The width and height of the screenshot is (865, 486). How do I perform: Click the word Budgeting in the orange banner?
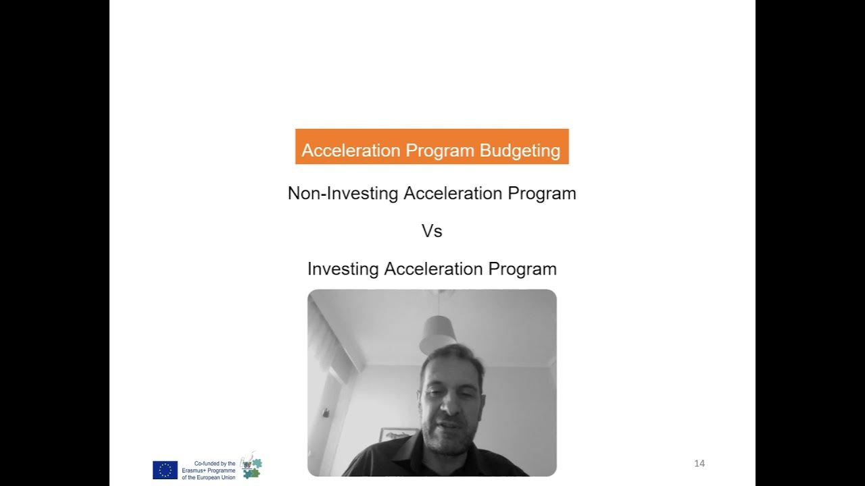tap(520, 151)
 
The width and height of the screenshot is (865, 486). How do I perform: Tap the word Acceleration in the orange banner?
tap(351, 151)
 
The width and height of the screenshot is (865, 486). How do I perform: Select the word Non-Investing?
tap(343, 194)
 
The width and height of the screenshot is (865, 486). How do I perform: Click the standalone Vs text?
tap(432, 231)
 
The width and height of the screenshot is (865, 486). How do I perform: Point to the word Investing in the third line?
tap(343, 269)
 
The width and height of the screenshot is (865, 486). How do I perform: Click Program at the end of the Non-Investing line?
tap(542, 194)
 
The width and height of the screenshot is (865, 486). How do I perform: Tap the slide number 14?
tap(699, 463)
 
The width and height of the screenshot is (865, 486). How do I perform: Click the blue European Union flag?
tap(165, 470)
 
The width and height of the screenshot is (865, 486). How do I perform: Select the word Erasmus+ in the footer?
tap(195, 470)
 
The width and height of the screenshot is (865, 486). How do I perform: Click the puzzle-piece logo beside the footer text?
tap(251, 466)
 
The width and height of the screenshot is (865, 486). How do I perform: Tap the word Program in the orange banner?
tap(440, 151)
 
